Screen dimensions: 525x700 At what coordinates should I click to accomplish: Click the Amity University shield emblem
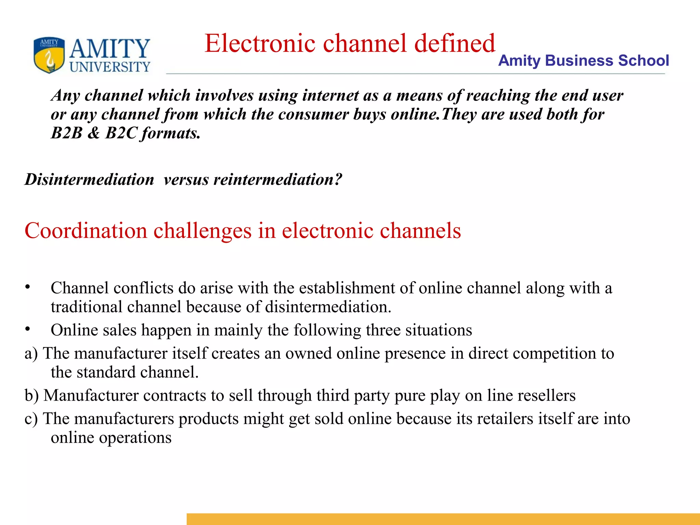[49, 55]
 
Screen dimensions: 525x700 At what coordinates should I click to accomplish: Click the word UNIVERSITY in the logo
[110, 67]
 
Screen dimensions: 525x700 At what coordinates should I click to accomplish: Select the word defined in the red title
[455, 43]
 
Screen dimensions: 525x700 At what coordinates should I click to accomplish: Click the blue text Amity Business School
[583, 60]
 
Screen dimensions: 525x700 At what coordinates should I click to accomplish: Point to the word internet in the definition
[330, 95]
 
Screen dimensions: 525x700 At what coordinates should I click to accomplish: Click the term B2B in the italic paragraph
[67, 133]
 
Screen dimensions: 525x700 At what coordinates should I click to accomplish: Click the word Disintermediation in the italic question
[90, 179]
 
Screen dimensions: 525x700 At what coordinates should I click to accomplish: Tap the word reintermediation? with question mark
[278, 179]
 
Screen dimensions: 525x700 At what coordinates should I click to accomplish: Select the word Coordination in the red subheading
[86, 231]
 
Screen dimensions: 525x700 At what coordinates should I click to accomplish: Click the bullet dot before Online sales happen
[27, 329]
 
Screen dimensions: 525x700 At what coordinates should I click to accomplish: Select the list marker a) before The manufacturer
[31, 354]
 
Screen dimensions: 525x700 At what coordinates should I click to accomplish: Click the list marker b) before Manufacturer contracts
[31, 395]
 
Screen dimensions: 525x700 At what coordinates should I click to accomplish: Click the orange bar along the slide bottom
[443, 519]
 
